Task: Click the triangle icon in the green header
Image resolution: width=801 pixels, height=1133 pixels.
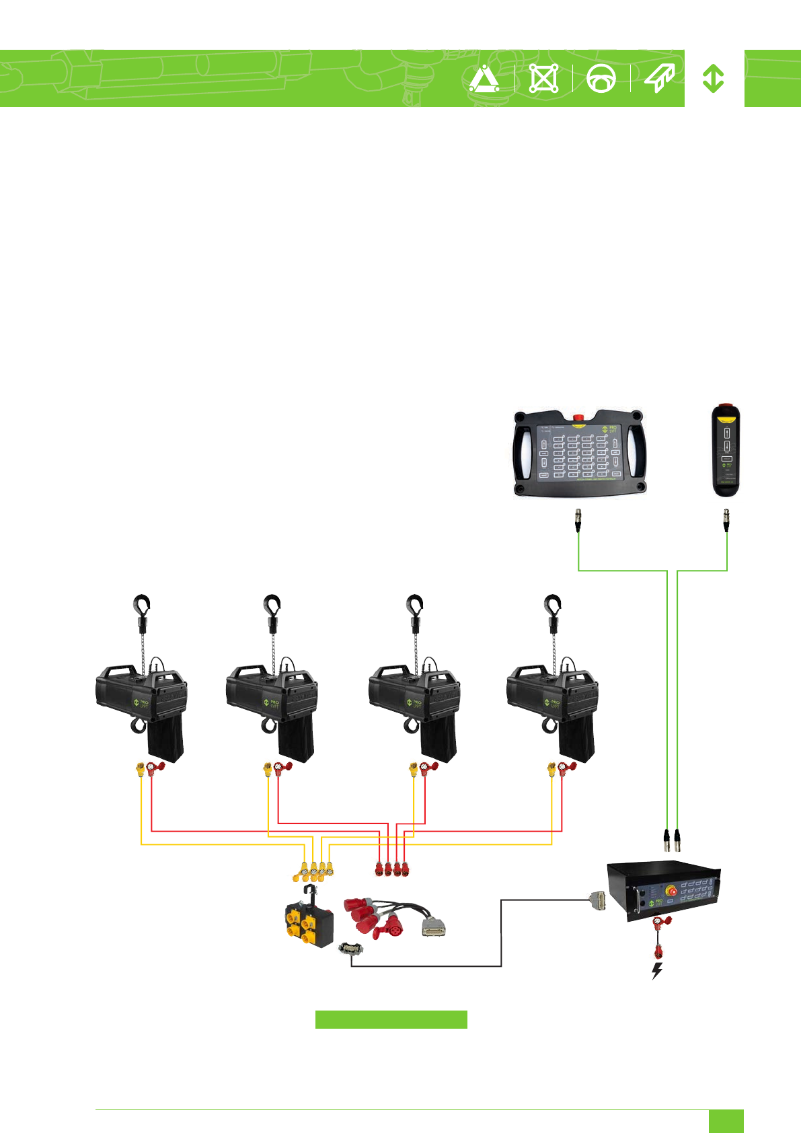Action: point(484,79)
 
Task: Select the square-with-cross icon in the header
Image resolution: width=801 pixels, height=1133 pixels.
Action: point(543,79)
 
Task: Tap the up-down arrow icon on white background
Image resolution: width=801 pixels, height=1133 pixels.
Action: point(713,79)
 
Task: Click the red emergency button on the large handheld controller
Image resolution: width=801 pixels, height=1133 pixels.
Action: point(578,418)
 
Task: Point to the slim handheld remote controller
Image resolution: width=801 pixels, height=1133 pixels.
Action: point(726,451)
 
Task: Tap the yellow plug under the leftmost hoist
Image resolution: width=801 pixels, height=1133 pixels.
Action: point(140,768)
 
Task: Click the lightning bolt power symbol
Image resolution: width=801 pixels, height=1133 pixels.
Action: point(657,970)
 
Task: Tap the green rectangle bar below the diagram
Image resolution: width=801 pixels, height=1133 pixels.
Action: point(391,1019)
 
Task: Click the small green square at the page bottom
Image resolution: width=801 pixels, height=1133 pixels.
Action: point(726,1121)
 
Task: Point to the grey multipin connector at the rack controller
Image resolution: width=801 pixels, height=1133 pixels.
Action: point(597,900)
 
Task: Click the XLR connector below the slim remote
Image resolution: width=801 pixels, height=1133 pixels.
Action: point(726,520)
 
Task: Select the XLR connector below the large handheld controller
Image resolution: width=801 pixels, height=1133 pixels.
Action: point(578,520)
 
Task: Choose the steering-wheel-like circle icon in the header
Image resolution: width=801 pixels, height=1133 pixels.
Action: point(601,79)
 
